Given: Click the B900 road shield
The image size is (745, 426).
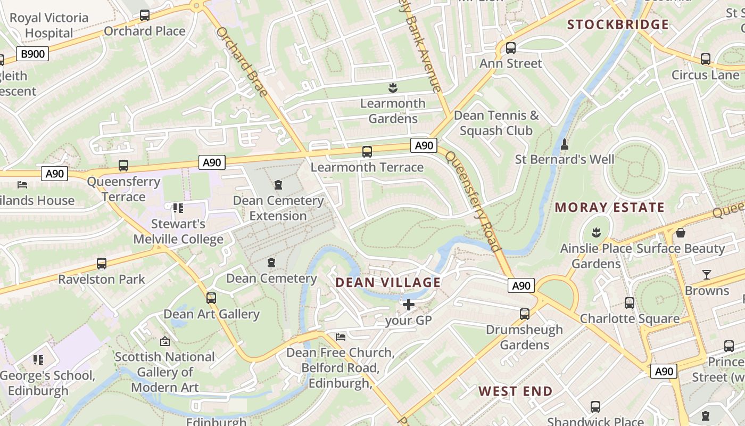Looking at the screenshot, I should pos(33,53).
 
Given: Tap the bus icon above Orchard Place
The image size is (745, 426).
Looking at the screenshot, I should pos(145,15).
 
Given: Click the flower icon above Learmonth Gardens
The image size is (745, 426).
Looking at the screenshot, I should pos(393,87).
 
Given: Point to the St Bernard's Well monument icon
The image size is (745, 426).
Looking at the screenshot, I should pos(565,144).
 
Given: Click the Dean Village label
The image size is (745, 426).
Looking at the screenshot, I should pos(388,283).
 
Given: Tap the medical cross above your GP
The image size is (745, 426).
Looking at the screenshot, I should pos(408,305).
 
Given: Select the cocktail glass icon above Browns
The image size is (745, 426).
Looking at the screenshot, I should pos(707,275).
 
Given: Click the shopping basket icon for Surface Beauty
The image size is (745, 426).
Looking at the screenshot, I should pos(680,233).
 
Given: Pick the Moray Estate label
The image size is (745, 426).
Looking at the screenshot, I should pos(610,208).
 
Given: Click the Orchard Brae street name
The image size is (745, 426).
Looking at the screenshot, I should pos(242,62).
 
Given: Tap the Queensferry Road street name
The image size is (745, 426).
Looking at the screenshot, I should pos(473,201).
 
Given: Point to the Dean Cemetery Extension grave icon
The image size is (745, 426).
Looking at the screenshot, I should pos(278,185).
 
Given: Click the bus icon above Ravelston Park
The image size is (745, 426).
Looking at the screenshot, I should pos(101,264).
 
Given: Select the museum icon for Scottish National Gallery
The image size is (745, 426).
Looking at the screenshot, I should pos(164,341).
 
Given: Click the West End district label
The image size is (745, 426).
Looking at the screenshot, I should pos(515,391).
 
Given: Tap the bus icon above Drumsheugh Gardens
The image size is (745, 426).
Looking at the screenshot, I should pos(524,314).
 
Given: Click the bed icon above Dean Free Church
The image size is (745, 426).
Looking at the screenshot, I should pos(341,337).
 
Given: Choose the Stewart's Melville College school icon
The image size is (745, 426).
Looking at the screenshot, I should pos(178,208).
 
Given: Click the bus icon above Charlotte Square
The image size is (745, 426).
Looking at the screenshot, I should pos(630,303).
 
